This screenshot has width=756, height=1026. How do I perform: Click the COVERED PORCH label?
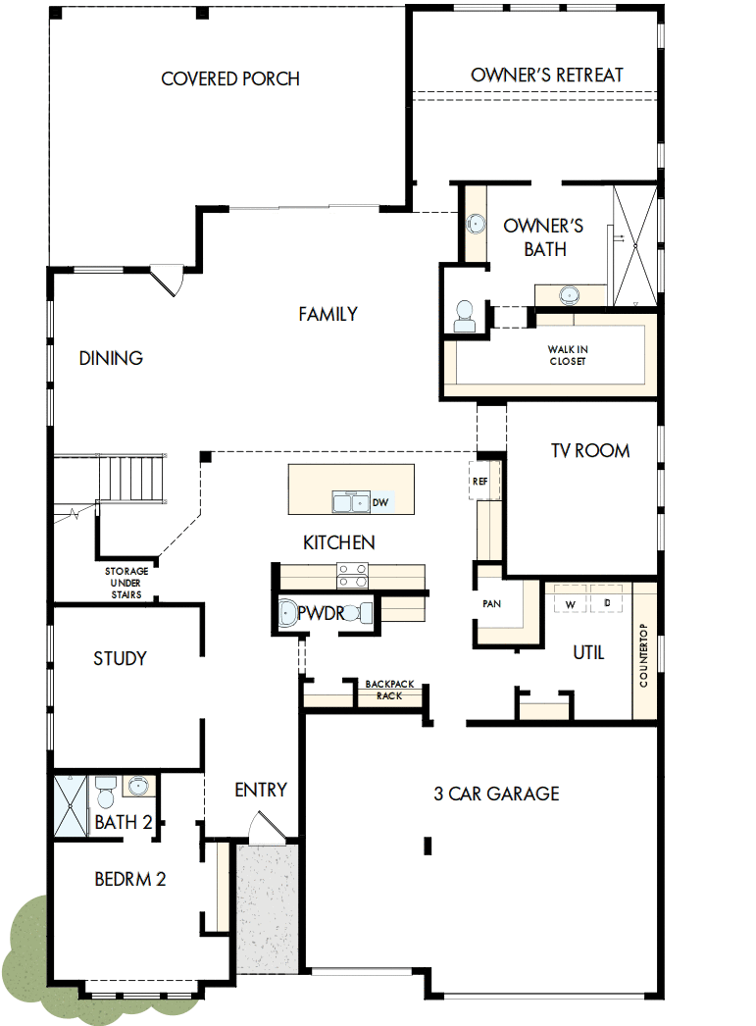pos(230,79)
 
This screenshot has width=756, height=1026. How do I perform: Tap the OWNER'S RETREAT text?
pos(546,76)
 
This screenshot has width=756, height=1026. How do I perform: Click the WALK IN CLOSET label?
pos(568,355)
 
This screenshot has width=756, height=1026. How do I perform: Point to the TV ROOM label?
pos(589,451)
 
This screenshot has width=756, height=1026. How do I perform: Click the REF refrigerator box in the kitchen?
pos(479,482)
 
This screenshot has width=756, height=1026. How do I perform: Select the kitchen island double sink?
pos(349,502)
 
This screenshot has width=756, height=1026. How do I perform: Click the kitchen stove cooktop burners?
pos(351,576)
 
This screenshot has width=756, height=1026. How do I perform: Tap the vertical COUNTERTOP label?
pos(644,654)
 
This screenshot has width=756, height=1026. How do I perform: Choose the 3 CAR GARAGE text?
pos(496,794)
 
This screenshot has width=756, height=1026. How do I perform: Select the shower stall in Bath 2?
pos(72,805)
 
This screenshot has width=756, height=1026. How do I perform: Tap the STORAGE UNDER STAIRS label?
pos(126,583)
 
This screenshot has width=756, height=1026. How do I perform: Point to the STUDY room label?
pos(120,658)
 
